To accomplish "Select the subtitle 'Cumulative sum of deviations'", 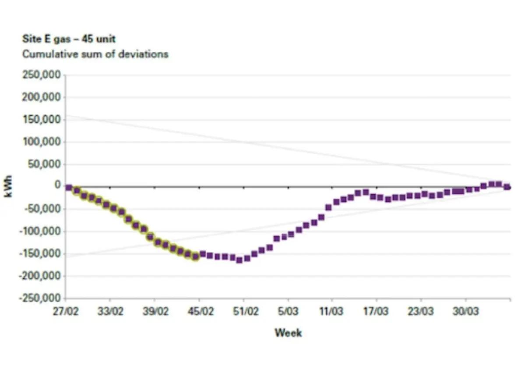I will (x=95, y=54).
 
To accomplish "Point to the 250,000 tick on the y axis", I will (x=41, y=75).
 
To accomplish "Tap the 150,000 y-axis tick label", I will (x=41, y=120).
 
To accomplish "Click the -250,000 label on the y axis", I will (x=39, y=299).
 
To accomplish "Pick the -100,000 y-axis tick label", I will (x=39, y=231).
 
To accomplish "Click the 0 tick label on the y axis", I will (x=57, y=185).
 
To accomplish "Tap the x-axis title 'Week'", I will (x=288, y=333).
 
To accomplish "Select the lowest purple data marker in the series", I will (x=239, y=260).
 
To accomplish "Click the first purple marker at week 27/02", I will (x=69, y=188).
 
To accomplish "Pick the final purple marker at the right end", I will (x=507, y=187).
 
